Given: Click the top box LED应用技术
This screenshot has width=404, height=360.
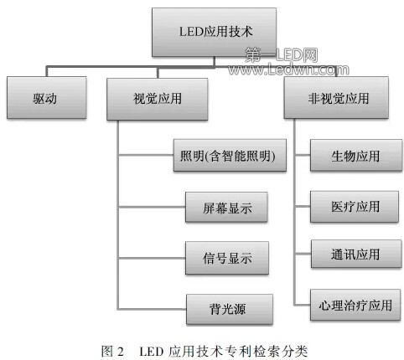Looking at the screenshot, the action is pos(214,33).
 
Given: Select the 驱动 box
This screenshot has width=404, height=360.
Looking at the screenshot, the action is pos(47,98).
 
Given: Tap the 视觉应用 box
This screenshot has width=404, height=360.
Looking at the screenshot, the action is pos(158,99).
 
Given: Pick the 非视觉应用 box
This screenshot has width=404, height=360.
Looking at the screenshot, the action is pos(336,98).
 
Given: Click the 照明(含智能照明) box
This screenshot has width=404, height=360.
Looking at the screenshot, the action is pos(230,155).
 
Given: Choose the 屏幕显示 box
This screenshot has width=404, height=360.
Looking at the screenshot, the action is pos(226,207).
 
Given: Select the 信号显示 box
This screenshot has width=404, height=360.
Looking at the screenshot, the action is pos(227,258).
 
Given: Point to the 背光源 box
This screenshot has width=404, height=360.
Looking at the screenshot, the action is pos(230,309).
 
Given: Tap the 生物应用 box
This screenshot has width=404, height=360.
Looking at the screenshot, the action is pos(356,155).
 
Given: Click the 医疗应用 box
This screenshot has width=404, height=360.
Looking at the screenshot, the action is pos(355,207).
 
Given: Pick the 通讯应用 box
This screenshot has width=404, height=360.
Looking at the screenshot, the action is pos(356,254).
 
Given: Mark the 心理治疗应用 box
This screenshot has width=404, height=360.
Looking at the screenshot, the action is pos(355,305).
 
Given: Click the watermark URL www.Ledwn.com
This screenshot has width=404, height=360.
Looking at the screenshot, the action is pos(288,69).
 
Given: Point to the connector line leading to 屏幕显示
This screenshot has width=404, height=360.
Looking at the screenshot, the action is pos(152,207).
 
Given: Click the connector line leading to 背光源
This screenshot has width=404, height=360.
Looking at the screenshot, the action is pos(152,309).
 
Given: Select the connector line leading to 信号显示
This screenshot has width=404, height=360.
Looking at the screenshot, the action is pos(152,258).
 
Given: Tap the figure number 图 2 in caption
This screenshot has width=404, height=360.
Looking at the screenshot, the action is pos(112,351).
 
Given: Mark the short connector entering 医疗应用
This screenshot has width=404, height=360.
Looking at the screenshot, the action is pos(303,207).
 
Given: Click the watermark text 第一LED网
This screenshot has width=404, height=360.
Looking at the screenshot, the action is pos(282,55).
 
